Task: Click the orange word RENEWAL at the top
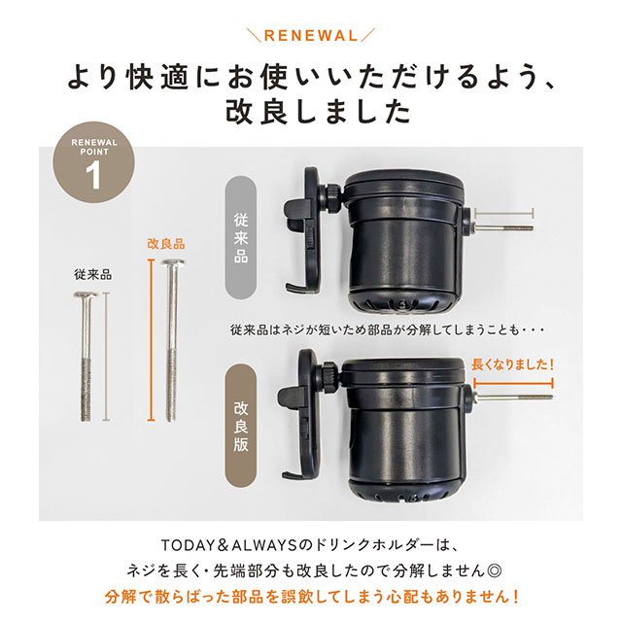311,36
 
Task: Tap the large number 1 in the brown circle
93,175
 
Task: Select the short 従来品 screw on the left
86,357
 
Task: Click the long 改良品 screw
172,340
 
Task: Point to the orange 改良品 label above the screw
166,244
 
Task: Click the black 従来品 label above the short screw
93,275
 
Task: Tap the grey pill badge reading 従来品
241,238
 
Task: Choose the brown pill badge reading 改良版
241,427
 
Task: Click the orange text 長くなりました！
512,364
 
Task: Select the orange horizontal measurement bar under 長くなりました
513,384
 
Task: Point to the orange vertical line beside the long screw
151,340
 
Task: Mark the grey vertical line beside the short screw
106,357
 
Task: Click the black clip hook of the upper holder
302,230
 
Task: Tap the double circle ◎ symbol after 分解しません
495,571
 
